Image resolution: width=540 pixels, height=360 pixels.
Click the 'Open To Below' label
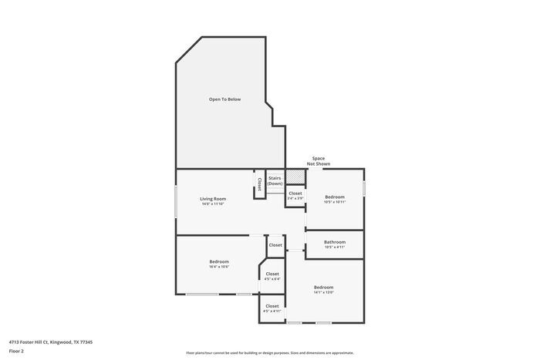coord(224,99)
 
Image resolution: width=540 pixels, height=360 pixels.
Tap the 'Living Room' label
coord(213,199)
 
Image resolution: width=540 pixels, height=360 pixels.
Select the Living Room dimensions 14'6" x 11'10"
coord(213,204)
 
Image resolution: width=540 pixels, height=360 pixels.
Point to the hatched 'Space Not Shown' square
coord(295,177)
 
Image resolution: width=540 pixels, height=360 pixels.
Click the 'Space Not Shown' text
coord(319,161)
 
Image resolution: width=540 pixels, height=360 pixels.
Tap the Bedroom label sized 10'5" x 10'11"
coord(334,197)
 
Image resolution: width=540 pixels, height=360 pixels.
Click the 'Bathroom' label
coord(335,242)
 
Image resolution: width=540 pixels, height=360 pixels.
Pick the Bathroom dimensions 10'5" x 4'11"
coord(335,247)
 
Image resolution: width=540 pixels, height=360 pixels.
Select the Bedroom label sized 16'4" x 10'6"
coord(219,262)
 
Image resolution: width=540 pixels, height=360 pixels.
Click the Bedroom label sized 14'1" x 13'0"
coord(323,287)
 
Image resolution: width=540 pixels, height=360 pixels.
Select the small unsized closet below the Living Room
coord(275,244)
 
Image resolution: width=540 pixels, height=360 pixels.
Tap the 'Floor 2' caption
coord(16,351)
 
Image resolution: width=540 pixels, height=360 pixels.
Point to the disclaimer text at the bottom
coord(269,352)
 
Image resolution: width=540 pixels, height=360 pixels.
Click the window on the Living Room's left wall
coord(176,201)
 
